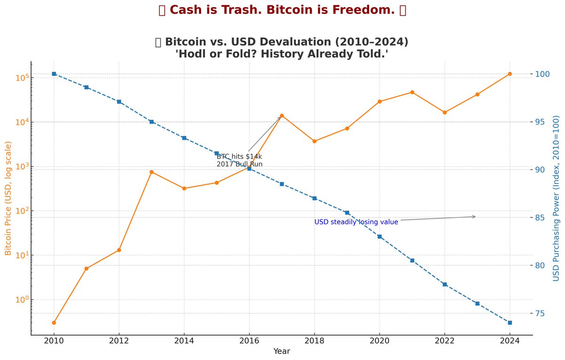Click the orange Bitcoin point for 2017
[282, 115]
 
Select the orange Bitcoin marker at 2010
[54, 323]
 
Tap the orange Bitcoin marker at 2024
[510, 74]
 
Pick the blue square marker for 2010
[54, 74]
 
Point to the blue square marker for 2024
[510, 322]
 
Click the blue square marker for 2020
[379, 236]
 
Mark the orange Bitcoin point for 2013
[152, 172]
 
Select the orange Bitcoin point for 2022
[444, 112]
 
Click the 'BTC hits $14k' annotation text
[239, 156]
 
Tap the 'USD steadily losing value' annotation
[356, 222]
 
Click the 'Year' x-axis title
[282, 352]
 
